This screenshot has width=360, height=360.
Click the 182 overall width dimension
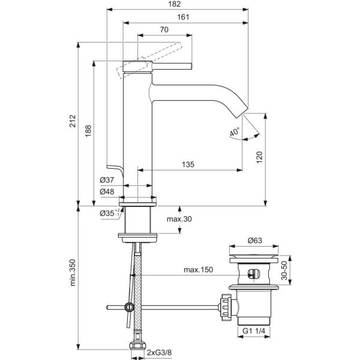[175, 4]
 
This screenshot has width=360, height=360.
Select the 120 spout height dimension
[260, 158]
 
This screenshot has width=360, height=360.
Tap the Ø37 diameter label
[107, 179]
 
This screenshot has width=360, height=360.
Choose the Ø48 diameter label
[107, 191]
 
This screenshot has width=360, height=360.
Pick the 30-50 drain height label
[293, 270]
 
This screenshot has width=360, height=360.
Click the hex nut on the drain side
[226, 307]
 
